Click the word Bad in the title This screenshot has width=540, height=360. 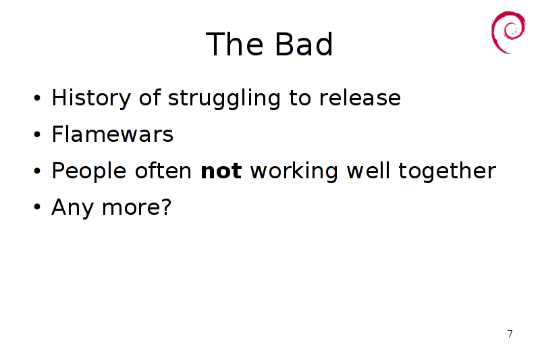click(x=304, y=44)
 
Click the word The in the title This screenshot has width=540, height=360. click(x=234, y=44)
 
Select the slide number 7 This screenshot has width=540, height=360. click(x=510, y=334)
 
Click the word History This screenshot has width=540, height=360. click(x=91, y=98)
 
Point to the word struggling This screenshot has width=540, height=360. click(x=224, y=98)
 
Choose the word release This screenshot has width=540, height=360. click(x=360, y=98)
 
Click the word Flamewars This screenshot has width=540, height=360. click(x=112, y=134)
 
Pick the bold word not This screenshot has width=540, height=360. click(x=221, y=171)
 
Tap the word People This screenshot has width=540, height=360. click(x=89, y=171)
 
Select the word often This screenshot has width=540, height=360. click(x=163, y=170)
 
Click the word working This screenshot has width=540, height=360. click(x=294, y=171)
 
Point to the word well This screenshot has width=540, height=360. click(x=368, y=170)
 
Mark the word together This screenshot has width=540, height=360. click(x=448, y=171)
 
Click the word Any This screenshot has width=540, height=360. click(x=72, y=208)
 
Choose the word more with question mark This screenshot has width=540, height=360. click(x=137, y=207)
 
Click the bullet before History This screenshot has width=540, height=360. click(x=37, y=98)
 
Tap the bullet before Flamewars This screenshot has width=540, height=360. click(x=37, y=134)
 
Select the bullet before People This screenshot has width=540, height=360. click(x=37, y=171)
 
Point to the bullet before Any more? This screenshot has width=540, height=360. click(x=37, y=207)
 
